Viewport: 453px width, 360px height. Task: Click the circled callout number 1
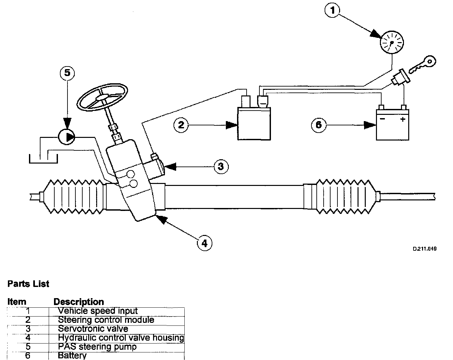click(333, 11)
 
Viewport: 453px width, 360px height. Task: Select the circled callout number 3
click(221, 167)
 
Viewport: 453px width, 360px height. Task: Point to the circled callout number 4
click(204, 243)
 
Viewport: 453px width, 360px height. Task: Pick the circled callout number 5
click(67, 73)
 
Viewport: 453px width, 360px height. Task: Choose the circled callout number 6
click(319, 125)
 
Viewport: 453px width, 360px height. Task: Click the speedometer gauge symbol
click(392, 42)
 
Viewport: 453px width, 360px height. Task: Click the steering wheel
click(102, 95)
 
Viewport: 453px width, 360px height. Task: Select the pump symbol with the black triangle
click(67, 137)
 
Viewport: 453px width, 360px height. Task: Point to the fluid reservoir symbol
click(43, 157)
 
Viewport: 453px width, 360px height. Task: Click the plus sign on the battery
click(403, 119)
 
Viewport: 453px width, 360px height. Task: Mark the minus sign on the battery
click(382, 119)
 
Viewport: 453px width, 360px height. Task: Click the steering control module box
click(254, 124)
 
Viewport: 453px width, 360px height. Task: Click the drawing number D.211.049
click(425, 249)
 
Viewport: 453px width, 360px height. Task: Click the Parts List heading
click(28, 284)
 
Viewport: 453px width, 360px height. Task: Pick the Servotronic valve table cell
click(93, 329)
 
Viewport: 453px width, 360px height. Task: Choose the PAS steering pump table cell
click(97, 347)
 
